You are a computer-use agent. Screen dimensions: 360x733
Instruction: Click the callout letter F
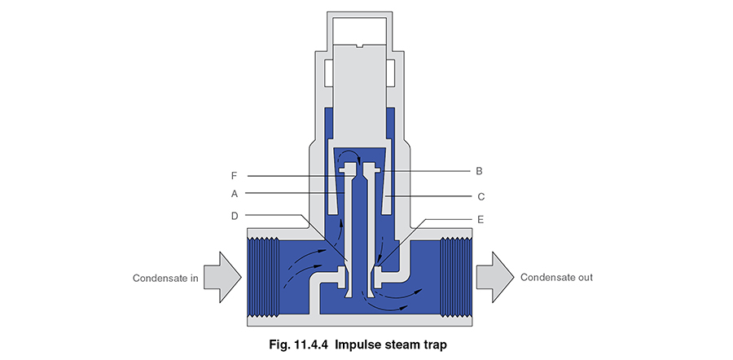233,173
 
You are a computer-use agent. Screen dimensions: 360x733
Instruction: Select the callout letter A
234,194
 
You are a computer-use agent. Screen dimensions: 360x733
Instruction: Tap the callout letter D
234,215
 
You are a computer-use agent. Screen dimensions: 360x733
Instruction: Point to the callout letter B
479,171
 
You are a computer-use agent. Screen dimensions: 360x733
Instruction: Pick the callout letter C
481,195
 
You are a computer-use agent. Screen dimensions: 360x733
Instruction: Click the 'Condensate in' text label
165,278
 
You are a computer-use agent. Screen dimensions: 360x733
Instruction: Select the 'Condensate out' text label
556,278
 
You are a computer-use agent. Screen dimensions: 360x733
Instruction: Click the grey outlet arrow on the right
493,278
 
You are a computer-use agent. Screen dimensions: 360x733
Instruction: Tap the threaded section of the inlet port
262,278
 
